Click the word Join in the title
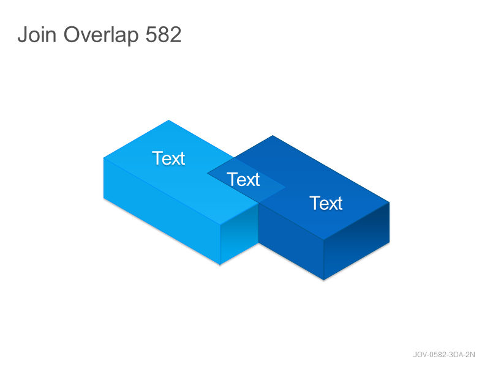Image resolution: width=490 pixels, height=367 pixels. point(37,34)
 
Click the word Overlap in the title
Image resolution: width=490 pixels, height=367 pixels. point(101,35)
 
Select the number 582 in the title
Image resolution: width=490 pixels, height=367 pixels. point(164,34)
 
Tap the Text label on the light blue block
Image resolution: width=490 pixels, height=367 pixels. point(168,158)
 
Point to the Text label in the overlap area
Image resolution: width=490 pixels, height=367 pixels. point(243,179)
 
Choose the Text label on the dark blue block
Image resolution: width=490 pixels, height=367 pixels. point(326,203)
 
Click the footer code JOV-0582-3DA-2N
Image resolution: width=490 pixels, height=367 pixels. point(443,355)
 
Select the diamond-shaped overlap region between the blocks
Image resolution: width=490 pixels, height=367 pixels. point(246,180)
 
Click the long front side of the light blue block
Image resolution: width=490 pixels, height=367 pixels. point(162,212)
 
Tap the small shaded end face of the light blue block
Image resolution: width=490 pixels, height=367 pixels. point(239,234)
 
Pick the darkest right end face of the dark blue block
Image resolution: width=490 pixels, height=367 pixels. point(356,240)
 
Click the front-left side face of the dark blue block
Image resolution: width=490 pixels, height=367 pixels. point(291,242)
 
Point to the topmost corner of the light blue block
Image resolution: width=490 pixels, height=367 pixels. point(169,120)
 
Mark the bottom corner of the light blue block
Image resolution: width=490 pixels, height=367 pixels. point(220,265)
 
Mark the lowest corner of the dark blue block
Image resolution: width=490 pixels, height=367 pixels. point(324,280)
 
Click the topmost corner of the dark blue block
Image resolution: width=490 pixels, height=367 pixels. point(273,135)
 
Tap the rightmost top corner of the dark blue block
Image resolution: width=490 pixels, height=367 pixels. point(390,202)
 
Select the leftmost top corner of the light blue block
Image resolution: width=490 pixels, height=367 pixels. point(104,158)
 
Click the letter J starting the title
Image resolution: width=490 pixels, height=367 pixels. point(22,34)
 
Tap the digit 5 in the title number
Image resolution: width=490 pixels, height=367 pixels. point(151,35)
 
